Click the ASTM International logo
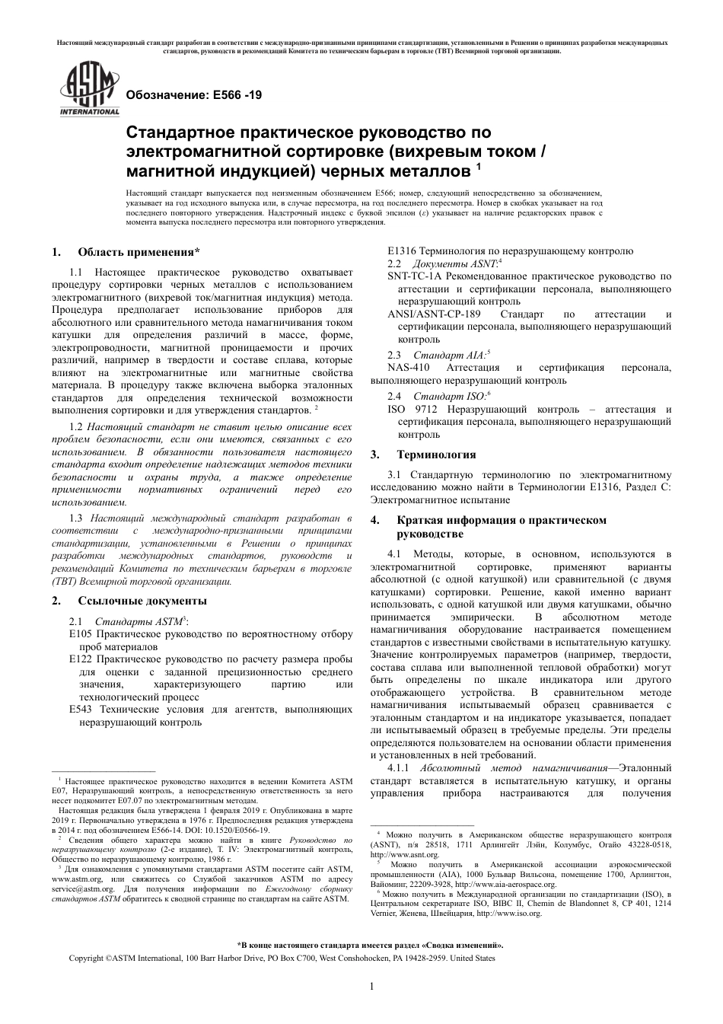point(90,92)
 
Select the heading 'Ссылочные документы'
point(142,600)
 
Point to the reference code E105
point(80,634)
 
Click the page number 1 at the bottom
point(371,987)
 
